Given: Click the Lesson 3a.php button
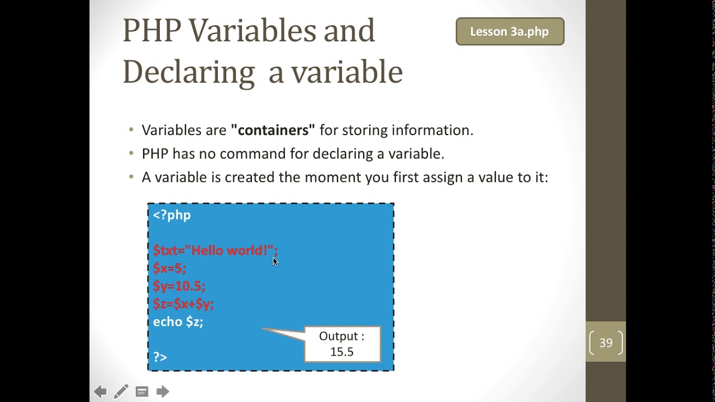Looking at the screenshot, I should [x=509, y=32].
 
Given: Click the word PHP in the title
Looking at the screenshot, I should [x=151, y=31].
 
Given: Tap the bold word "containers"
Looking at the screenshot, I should [x=273, y=130].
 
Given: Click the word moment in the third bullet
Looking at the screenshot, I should [x=332, y=177].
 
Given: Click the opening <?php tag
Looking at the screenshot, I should [x=172, y=215].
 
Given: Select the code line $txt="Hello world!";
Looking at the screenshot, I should [x=214, y=251].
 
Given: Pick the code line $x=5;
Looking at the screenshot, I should [x=169, y=269].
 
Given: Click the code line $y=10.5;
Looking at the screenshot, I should [x=179, y=286].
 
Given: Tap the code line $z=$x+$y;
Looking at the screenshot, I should [x=183, y=304].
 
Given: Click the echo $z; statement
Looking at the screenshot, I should [x=178, y=322].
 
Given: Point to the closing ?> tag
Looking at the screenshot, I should [x=160, y=357].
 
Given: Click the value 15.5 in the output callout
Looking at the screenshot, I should [x=341, y=352].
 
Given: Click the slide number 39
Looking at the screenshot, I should [x=606, y=343].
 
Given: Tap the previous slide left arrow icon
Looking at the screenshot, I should [x=101, y=391].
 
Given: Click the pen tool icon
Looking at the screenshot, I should [x=121, y=391].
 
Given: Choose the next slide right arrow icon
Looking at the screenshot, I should [x=163, y=391].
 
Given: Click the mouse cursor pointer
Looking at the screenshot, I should [x=275, y=262].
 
